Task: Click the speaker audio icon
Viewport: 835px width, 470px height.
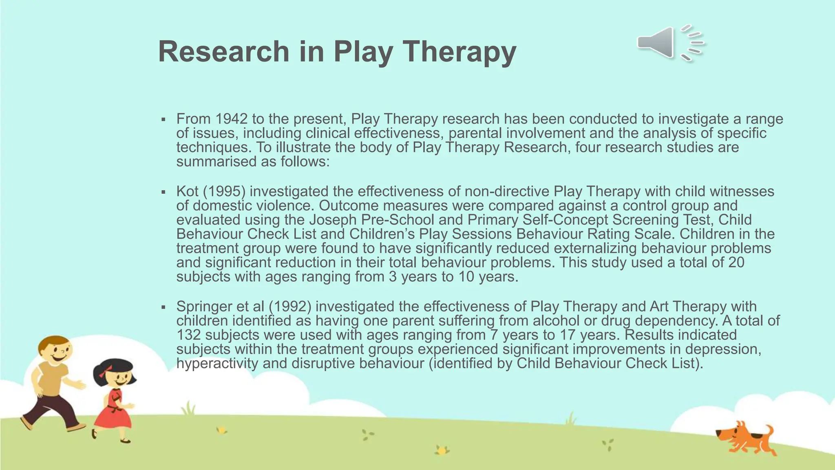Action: [670, 43]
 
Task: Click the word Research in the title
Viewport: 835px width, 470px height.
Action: [223, 52]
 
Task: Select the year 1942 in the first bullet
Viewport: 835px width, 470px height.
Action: [231, 119]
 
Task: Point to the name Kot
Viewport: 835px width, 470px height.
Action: [187, 191]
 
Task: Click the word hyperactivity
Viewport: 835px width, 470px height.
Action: [217, 363]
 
